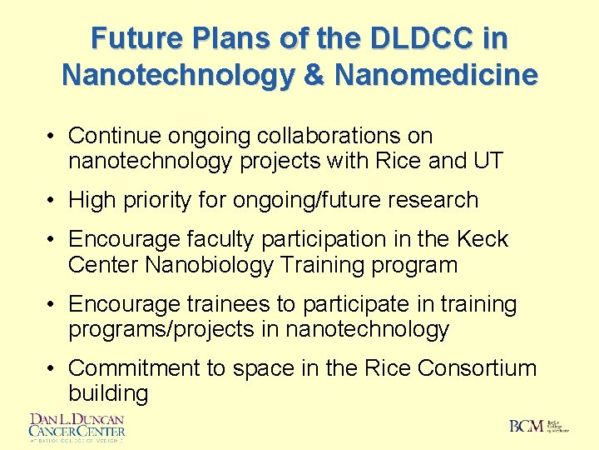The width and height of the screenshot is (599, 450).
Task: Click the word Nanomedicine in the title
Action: (436, 74)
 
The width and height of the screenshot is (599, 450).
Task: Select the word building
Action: (108, 393)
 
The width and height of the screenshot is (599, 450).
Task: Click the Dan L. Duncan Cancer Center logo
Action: (77, 427)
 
